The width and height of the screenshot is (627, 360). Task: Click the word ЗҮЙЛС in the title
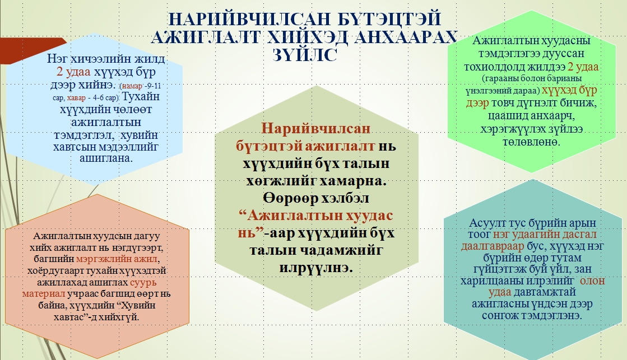pyautogui.click(x=305, y=55)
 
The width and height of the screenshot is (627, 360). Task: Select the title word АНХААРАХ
pyautogui.click(x=406, y=37)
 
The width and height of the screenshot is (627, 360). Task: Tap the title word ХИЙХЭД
pyautogui.click(x=308, y=37)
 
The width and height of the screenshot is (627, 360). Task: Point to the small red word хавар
pyautogui.click(x=76, y=98)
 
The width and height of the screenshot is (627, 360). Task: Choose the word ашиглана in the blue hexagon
pyautogui.click(x=106, y=158)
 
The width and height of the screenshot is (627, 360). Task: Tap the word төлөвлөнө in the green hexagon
pyautogui.click(x=531, y=142)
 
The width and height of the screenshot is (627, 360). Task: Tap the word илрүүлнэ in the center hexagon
pyautogui.click(x=316, y=267)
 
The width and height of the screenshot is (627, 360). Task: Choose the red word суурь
pyautogui.click(x=143, y=282)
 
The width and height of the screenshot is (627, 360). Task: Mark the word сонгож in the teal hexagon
pyautogui.click(x=500, y=315)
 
